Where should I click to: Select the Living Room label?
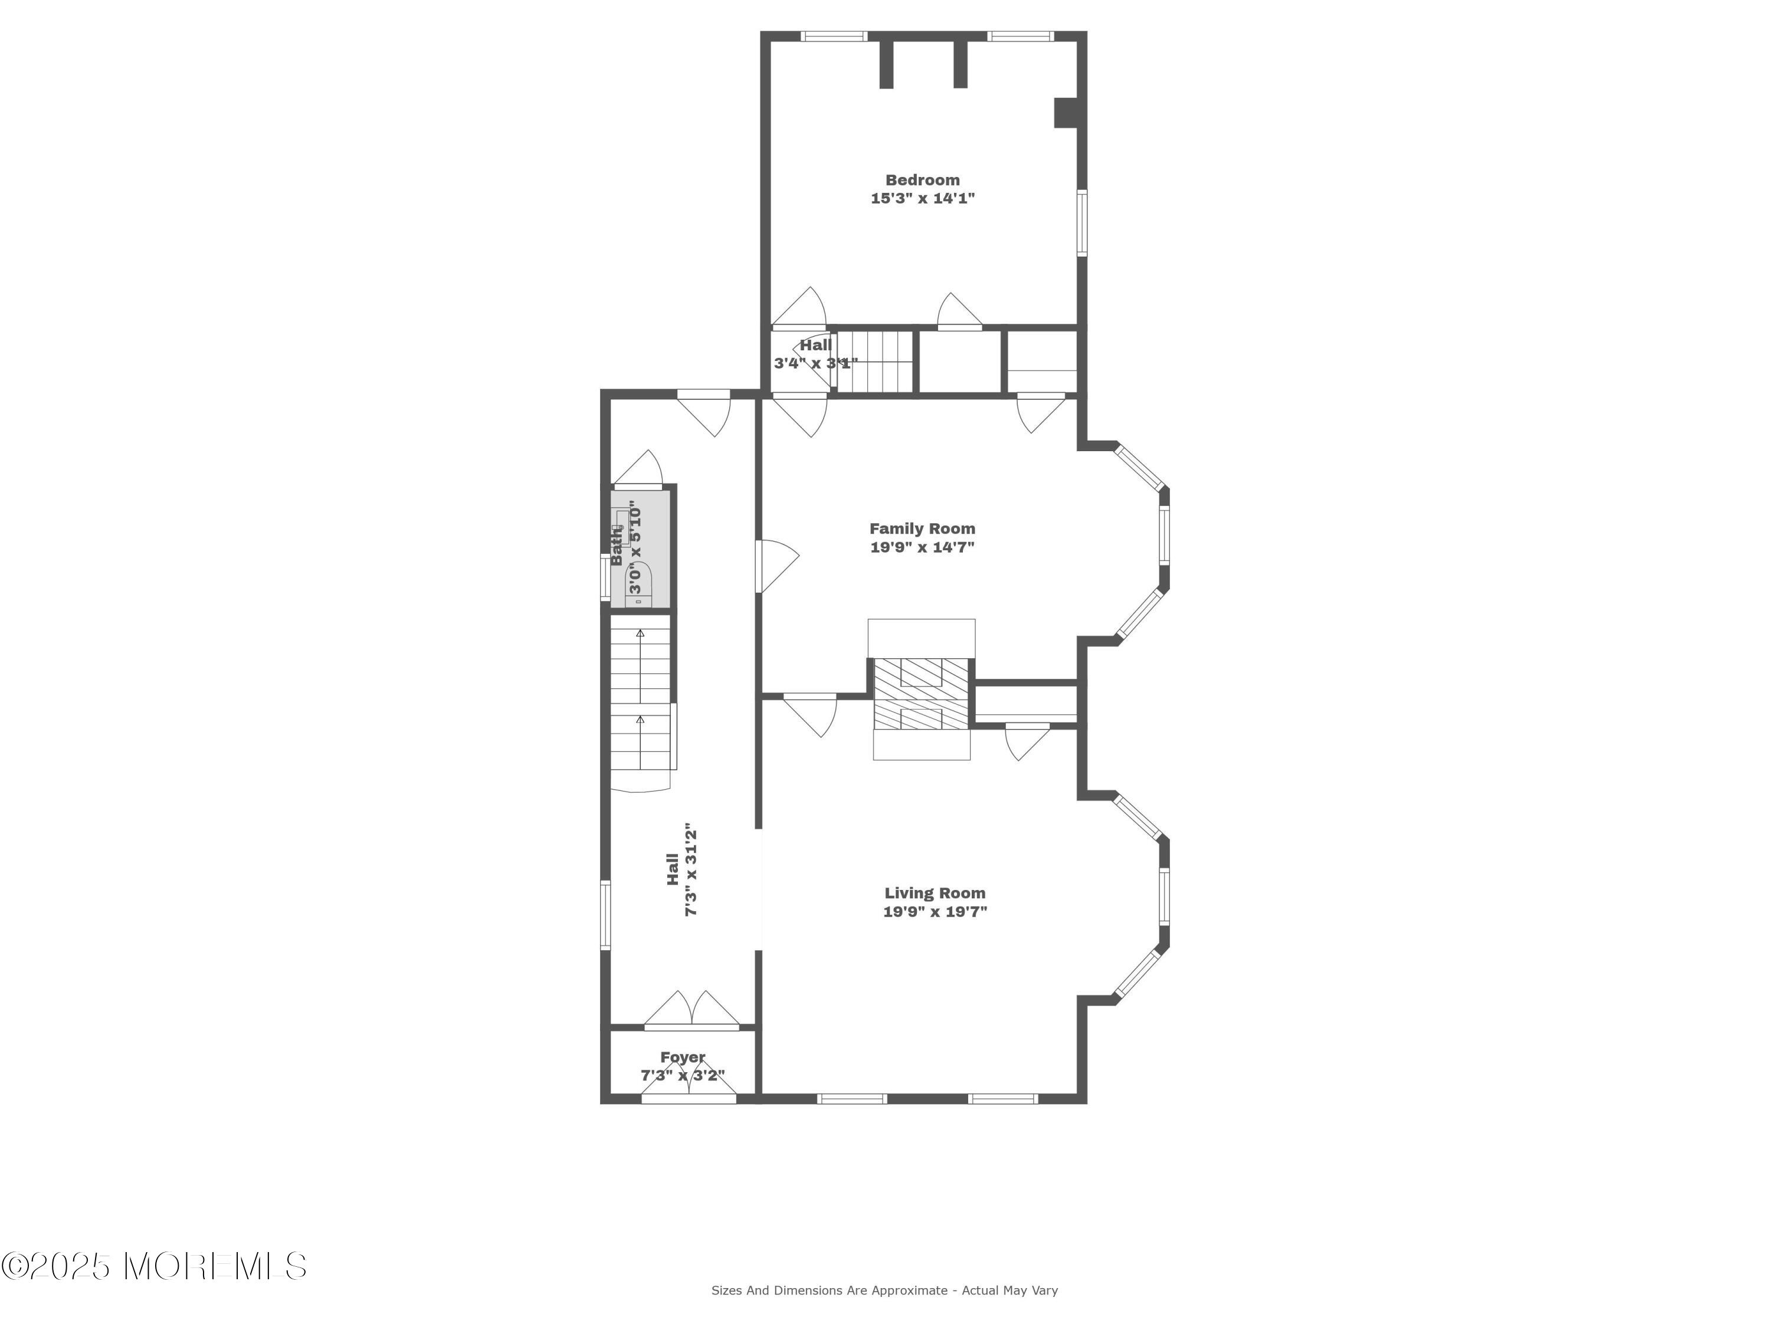point(935,893)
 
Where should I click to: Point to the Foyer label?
point(683,1057)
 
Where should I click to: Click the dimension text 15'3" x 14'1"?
point(923,198)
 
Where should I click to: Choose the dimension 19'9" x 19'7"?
point(935,912)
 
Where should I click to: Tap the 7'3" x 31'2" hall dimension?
point(692,869)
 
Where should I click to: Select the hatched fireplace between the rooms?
point(920,694)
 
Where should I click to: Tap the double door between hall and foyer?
point(691,1010)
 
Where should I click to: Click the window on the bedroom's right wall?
point(1082,222)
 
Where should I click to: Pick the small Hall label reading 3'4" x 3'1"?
point(815,354)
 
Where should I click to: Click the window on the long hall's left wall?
point(605,915)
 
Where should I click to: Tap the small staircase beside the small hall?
point(874,361)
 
